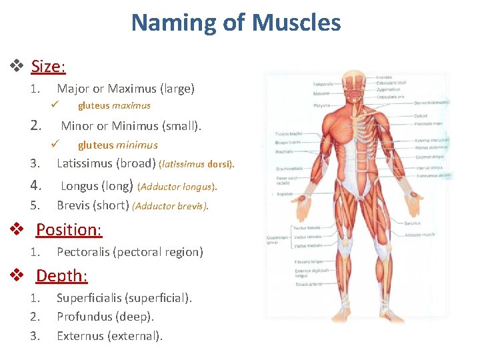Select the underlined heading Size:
48,67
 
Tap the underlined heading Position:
69,229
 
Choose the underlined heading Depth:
61,275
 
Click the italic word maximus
131,105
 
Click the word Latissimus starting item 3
85,163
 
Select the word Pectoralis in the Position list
85,252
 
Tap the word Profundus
85,317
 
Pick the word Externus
80,335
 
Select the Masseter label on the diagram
321,93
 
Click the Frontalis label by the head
383,77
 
